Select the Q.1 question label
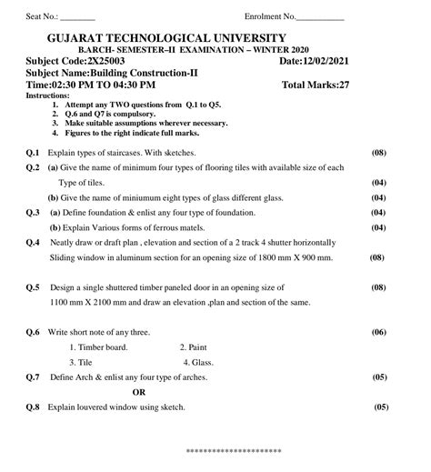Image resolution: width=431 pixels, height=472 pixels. coord(33,153)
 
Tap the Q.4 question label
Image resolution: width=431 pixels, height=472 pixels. coord(33,243)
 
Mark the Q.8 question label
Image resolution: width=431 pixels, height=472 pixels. coord(33,407)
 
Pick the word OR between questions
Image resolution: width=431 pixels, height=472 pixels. coord(139,392)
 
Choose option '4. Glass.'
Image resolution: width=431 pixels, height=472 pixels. coord(198,362)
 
